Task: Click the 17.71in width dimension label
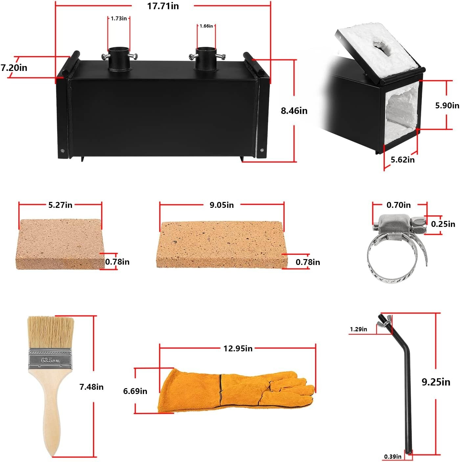(163, 6)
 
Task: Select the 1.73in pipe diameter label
(119, 19)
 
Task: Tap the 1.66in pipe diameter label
(206, 26)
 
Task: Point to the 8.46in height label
(294, 111)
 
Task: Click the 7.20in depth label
(14, 68)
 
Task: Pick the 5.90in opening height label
(447, 105)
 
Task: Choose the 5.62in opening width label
(402, 160)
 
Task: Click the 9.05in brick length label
(222, 205)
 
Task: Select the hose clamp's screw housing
(394, 225)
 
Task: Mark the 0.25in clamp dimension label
(443, 224)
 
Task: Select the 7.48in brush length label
(91, 387)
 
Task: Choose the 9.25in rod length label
(436, 382)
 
